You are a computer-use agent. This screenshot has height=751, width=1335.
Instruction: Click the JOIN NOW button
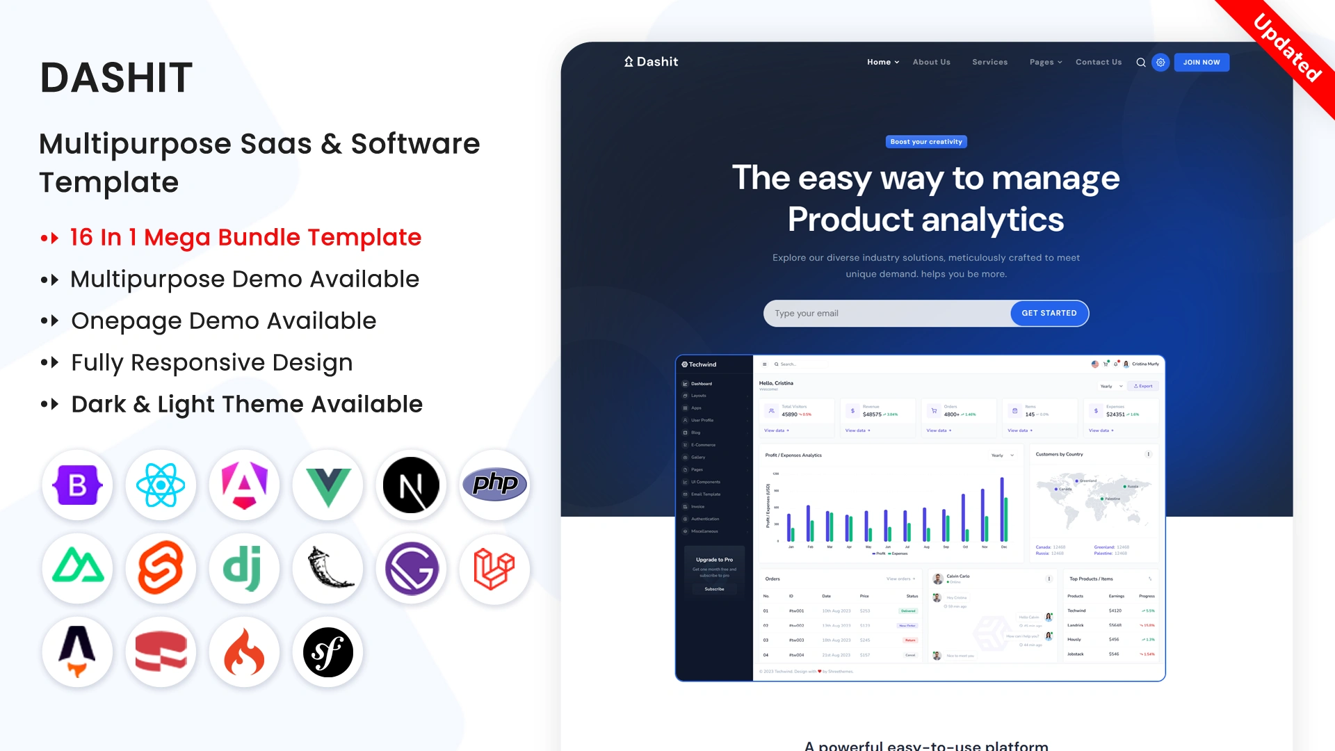point(1201,63)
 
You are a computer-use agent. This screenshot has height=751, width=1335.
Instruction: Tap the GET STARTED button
point(1049,313)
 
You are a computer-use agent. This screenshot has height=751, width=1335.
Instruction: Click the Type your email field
point(887,314)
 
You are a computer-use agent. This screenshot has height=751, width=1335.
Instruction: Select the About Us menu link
point(931,63)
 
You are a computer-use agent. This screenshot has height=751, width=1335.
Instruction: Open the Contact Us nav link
point(1098,63)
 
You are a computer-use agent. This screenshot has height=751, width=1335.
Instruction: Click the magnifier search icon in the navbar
point(1140,63)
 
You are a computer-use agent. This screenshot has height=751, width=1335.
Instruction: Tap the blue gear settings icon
point(1160,63)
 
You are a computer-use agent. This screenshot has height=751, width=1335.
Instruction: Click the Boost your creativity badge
point(926,142)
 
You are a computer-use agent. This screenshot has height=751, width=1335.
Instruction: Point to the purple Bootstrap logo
point(77,485)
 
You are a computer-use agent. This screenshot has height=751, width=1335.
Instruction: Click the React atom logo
point(161,485)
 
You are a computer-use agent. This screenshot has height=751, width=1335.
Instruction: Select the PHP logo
point(494,484)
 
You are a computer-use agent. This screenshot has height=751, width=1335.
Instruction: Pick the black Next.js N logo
point(411,485)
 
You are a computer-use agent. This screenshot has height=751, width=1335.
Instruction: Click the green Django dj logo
point(243,569)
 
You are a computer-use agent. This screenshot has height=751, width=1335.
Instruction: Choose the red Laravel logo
point(494,569)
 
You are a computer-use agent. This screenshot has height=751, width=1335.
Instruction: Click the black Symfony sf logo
point(327,652)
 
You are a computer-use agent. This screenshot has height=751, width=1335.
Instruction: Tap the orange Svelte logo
point(161,569)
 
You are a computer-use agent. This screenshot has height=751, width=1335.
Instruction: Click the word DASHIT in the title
point(116,77)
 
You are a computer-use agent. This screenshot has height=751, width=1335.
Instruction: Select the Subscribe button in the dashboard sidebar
point(714,589)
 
